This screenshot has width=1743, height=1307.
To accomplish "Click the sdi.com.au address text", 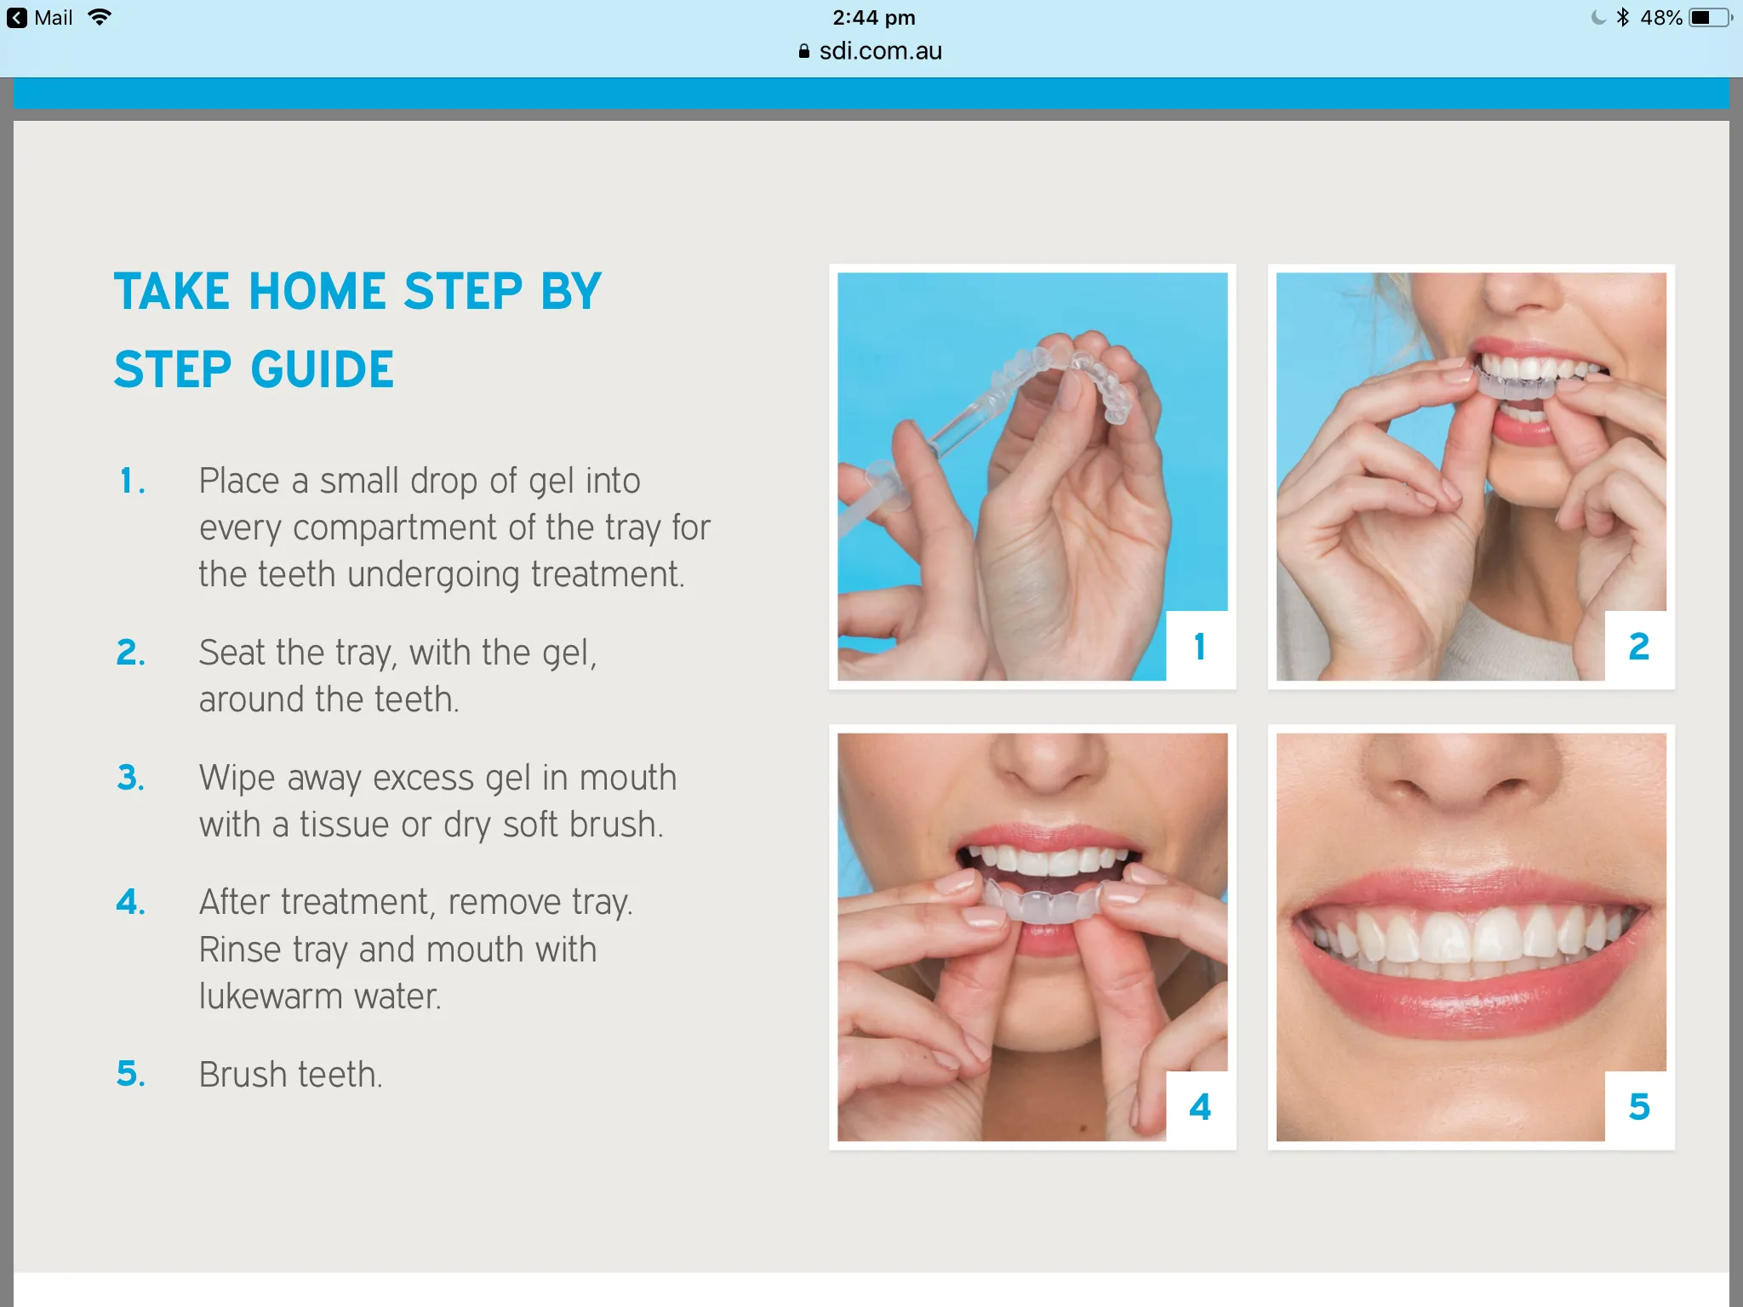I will point(879,51).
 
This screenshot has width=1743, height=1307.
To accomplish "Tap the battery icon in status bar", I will point(1709,18).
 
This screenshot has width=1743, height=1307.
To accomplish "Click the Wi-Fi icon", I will point(100,17).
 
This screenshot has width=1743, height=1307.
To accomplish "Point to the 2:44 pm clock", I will point(873,18).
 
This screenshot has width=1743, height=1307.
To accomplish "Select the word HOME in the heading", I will point(317,292).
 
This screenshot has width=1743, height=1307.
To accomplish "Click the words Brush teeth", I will point(290,1075).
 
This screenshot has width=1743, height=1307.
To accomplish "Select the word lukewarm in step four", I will point(271,996).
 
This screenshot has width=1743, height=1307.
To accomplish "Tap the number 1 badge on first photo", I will point(1199,647).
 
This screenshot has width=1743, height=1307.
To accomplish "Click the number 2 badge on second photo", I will point(1638,647).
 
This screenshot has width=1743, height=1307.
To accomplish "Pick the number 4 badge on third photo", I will point(1199,1107).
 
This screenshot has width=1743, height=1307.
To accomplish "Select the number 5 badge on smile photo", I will point(1638,1107).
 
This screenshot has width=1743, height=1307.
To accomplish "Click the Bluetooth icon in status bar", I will point(1622,18).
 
